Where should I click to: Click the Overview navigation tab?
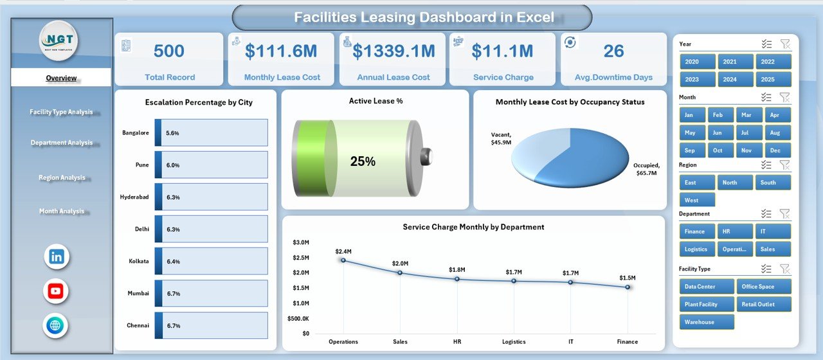click(61, 78)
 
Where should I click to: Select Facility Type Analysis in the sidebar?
click(61, 112)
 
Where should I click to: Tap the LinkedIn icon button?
click(56, 256)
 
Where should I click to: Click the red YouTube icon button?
click(56, 291)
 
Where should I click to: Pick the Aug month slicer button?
click(775, 132)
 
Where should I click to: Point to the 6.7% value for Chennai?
click(173, 326)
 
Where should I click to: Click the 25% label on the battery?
click(363, 162)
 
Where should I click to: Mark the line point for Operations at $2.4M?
click(343, 260)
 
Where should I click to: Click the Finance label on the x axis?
click(627, 342)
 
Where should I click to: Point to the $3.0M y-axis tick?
click(301, 242)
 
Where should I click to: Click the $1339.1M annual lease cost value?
click(392, 51)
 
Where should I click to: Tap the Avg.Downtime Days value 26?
click(613, 51)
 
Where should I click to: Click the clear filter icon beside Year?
click(785, 44)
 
